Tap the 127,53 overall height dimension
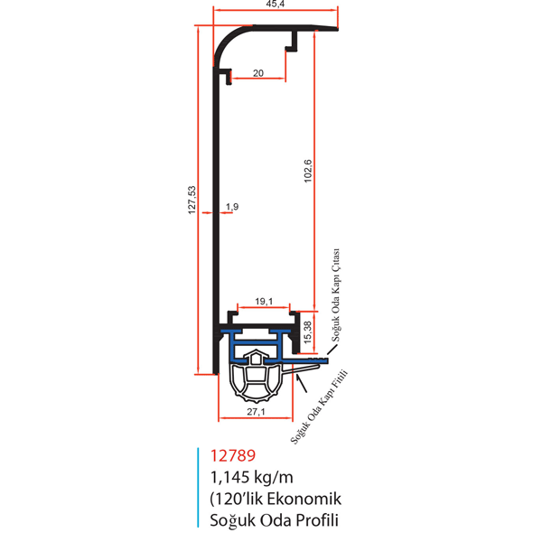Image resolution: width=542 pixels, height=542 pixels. point(192,200)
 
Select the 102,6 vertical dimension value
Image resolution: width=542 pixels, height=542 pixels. point(308,171)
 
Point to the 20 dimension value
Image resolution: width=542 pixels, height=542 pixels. point(258,73)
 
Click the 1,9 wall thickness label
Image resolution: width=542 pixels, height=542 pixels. point(232,207)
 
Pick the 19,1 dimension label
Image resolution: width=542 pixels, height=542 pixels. point(264,302)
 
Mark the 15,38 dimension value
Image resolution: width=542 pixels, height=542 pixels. point(308,332)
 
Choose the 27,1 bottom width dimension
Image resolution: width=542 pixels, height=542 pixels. point(256,412)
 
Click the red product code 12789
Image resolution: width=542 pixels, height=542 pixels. point(233,455)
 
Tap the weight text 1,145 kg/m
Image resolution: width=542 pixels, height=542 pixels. point(252,477)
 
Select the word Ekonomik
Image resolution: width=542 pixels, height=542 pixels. point(304,499)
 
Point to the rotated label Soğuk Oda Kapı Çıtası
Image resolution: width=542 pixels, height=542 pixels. point(336,294)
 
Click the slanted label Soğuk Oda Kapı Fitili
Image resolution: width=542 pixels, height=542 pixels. point(319,407)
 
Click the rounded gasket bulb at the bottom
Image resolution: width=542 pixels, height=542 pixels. point(257,382)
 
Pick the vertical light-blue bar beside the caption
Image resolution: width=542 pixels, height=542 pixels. point(198,488)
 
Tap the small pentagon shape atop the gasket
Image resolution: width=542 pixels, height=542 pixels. point(256,357)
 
